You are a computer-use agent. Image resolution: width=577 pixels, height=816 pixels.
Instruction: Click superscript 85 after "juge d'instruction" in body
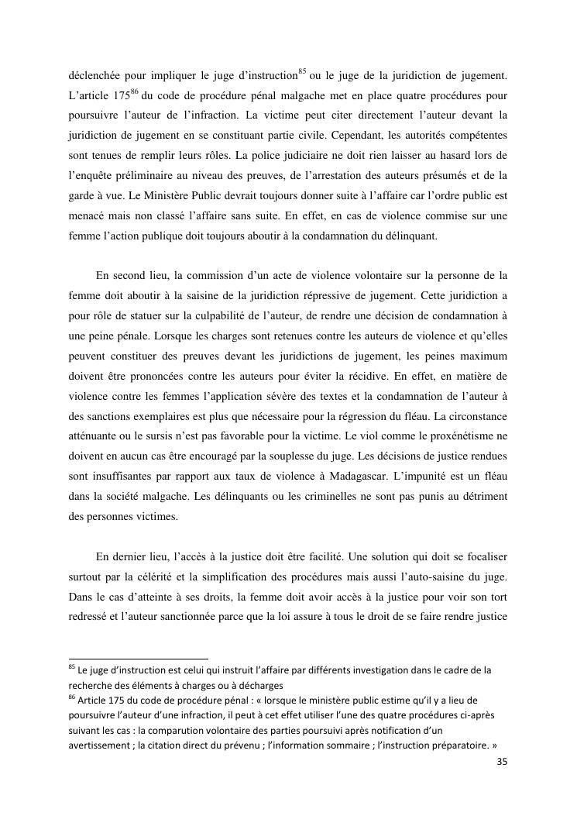pos(303,72)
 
